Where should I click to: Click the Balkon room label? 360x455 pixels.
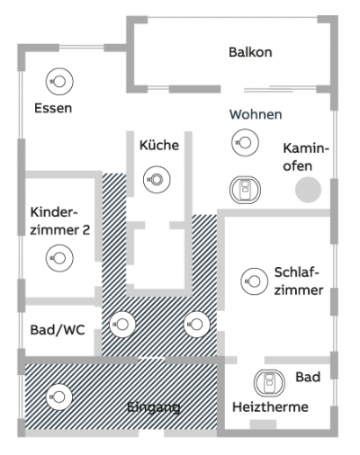[250, 52]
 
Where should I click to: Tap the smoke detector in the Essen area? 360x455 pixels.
[59, 81]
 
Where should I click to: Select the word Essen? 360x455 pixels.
[53, 108]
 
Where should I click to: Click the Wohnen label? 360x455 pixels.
[256, 114]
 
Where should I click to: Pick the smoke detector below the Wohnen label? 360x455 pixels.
[245, 142]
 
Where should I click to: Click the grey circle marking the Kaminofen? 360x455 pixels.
[308, 190]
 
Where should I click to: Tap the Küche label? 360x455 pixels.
[159, 145]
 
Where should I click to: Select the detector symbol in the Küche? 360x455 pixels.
[157, 180]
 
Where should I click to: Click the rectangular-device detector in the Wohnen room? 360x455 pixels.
[245, 190]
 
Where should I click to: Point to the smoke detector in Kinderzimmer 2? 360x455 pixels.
[59, 258]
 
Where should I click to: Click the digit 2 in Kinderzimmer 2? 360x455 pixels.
[85, 230]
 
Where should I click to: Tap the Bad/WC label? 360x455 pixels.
[58, 330]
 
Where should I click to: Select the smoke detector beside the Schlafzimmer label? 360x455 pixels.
[255, 281]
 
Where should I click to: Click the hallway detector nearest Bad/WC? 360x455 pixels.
[122, 324]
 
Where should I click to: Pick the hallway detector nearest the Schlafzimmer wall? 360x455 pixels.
[197, 324]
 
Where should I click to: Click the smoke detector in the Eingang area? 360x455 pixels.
[59, 397]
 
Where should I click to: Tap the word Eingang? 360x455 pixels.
[154, 407]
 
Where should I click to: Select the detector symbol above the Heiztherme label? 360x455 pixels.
[269, 383]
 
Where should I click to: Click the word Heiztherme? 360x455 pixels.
[270, 407]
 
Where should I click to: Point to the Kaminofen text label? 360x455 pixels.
[305, 157]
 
